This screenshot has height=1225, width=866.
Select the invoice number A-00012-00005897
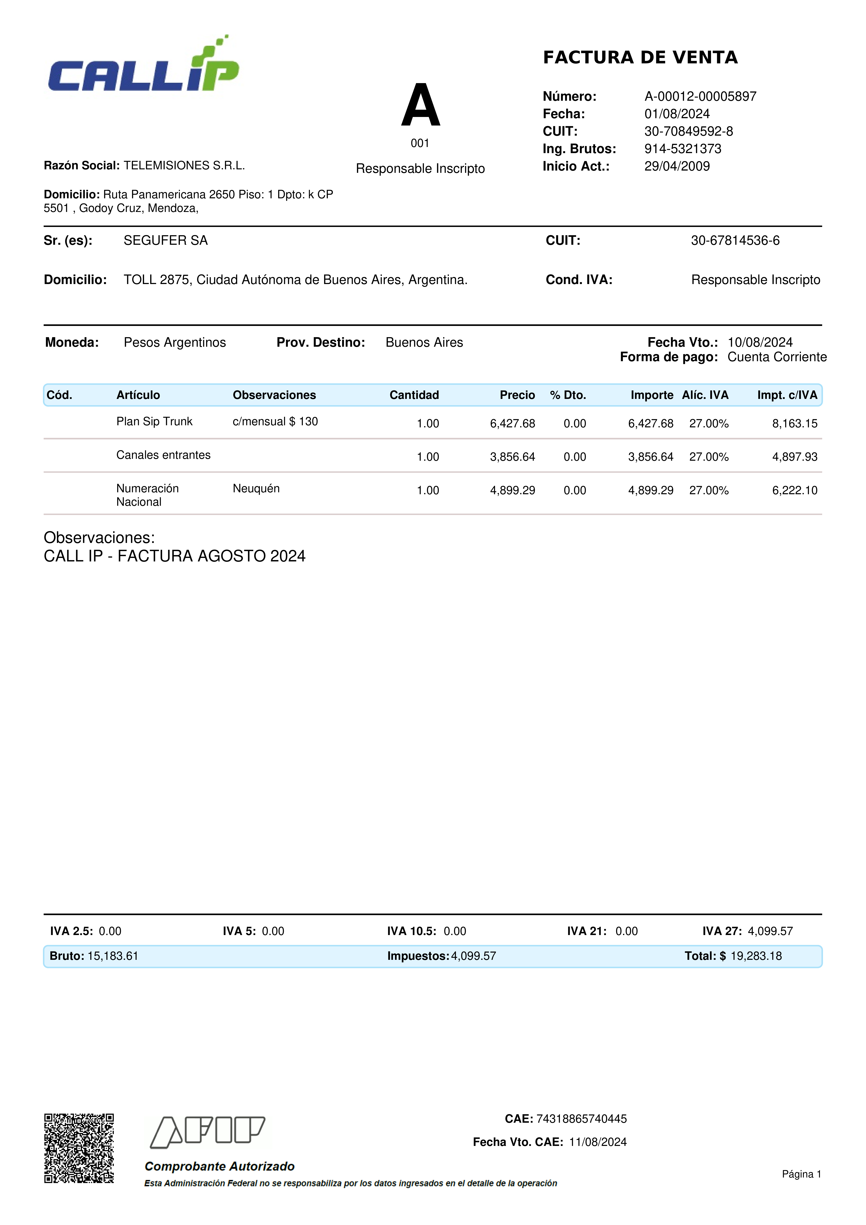point(700,97)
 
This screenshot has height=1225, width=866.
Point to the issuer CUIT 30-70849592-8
point(688,131)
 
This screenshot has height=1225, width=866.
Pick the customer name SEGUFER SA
point(165,241)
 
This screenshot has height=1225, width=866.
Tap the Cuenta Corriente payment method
point(777,357)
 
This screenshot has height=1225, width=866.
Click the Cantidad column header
point(414,395)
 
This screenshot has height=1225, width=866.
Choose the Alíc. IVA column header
point(705,395)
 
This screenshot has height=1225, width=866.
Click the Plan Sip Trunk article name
point(154,421)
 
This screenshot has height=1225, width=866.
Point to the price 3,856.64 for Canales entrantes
point(512,457)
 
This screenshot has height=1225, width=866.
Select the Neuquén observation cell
point(256,488)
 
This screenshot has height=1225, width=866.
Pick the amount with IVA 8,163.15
point(795,424)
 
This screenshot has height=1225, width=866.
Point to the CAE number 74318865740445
point(581,1119)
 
